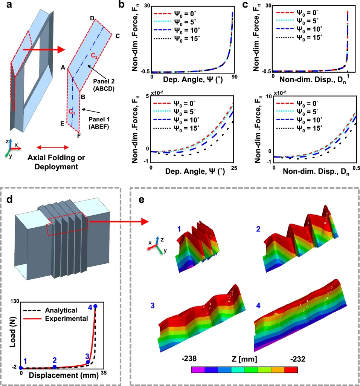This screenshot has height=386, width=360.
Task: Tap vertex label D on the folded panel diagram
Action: (92, 18)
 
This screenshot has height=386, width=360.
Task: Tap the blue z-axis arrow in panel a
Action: (11, 143)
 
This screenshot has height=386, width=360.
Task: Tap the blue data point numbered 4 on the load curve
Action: (95, 306)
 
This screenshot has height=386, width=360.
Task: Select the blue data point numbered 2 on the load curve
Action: (55, 367)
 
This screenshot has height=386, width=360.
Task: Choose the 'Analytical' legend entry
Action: (61, 311)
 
